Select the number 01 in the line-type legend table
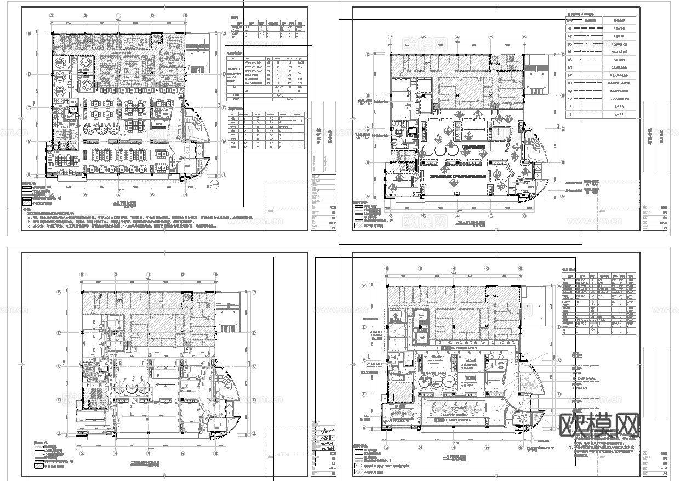[570, 27]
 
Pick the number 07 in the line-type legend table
[570, 75]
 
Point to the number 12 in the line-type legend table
[570, 115]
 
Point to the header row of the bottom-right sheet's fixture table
[599, 276]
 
